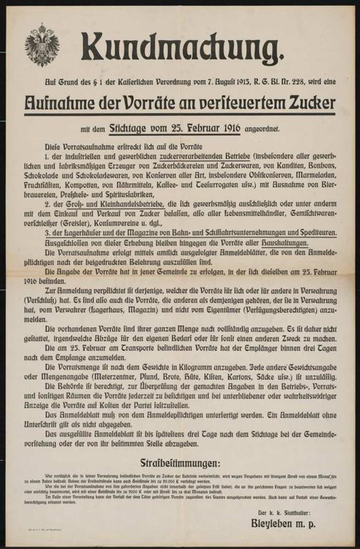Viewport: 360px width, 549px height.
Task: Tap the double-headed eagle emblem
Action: pos(37,44)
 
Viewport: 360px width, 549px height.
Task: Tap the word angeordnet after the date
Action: pos(261,129)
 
